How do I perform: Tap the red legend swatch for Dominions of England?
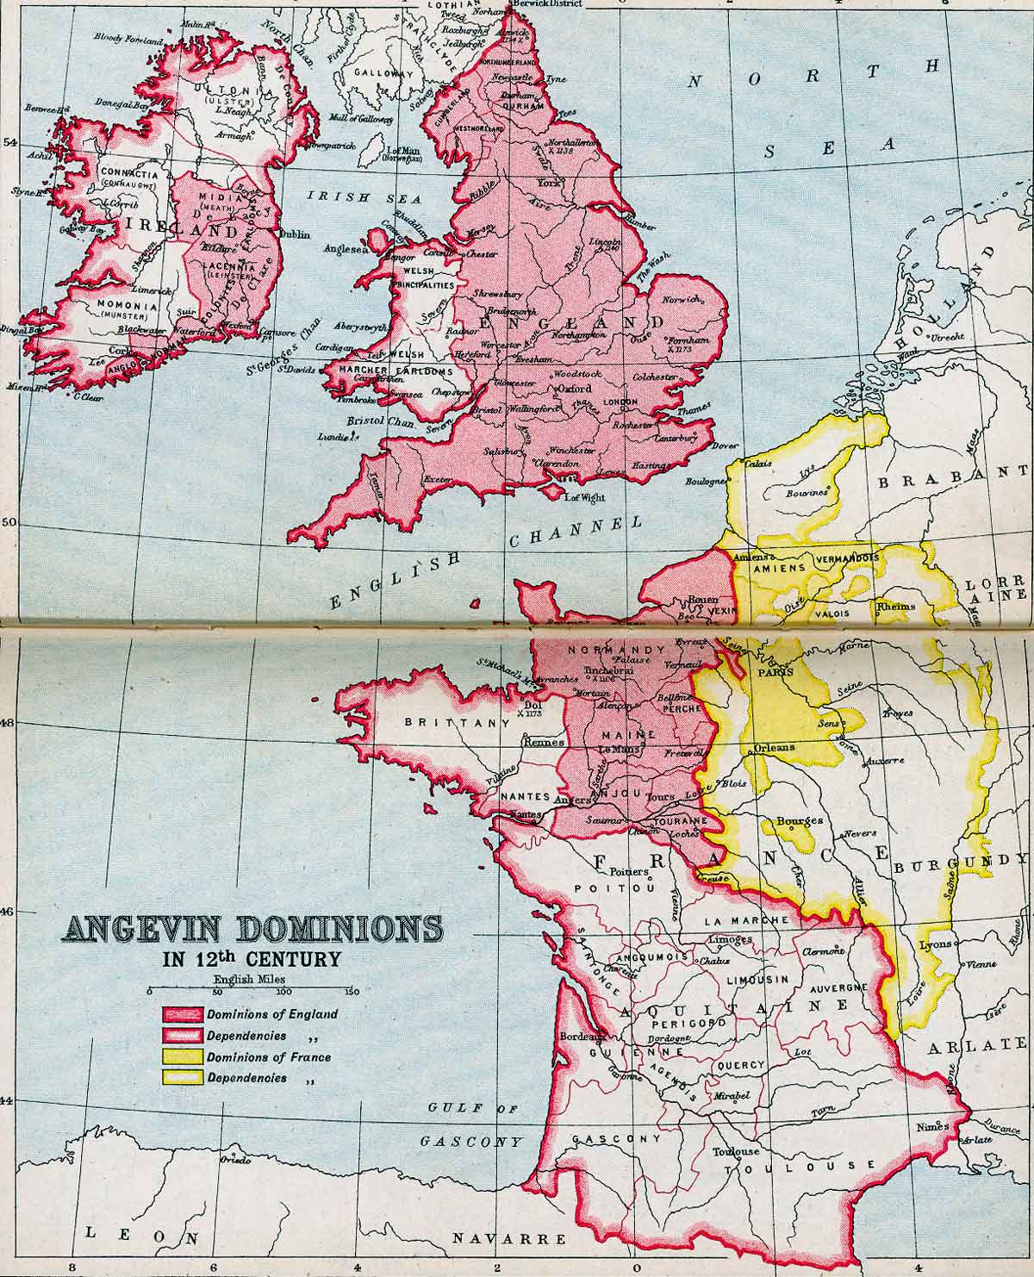tap(181, 1014)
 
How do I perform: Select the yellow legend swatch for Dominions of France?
tap(181, 1056)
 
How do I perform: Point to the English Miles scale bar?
tap(250, 991)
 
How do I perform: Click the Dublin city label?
tap(294, 234)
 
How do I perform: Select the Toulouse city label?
tap(736, 1151)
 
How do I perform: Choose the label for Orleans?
tap(774, 748)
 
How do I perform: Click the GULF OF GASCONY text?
tap(472, 1124)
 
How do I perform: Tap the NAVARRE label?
tap(511, 1239)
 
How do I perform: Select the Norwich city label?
tap(682, 300)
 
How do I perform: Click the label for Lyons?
tap(936, 944)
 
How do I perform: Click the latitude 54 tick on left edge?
tap(9, 143)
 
